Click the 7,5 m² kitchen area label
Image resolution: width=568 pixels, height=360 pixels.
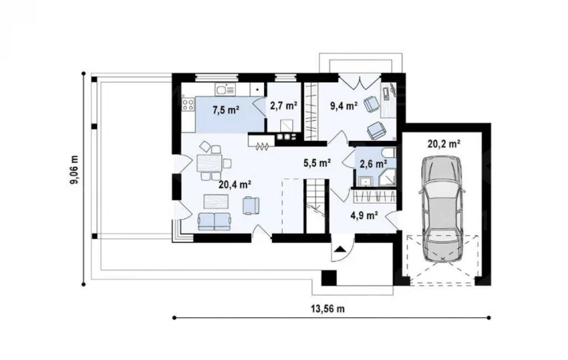226,110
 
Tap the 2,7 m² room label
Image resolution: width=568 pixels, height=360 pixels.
284,106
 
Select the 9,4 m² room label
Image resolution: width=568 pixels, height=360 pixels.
344,106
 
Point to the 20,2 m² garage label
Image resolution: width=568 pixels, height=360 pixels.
444,143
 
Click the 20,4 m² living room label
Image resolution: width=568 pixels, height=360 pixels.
235,185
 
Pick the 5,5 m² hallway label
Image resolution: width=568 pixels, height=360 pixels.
317,163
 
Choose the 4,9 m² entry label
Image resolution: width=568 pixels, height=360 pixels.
364,216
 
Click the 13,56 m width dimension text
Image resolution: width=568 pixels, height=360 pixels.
328,309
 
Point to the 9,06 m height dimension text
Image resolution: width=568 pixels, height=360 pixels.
74,170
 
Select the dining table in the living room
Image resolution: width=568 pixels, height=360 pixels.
209,163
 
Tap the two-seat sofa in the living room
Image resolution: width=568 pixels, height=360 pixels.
214,221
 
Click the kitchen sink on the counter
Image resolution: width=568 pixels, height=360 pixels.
225,89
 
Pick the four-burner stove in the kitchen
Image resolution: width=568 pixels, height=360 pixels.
188,105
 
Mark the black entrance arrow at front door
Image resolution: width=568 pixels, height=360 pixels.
340,249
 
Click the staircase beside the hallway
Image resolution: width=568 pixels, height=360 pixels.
316,205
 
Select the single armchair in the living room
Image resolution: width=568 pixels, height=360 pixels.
251,205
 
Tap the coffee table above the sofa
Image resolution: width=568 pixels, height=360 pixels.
216,201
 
